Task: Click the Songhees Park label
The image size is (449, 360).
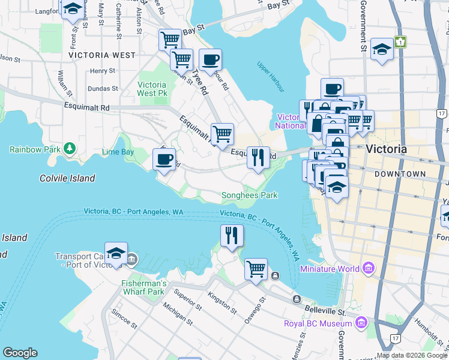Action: coord(250,195)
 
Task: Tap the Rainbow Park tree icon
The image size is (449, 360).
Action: coord(70,148)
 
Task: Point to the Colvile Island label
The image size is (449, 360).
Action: coord(67,178)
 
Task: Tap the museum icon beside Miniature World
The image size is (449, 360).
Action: coord(368,268)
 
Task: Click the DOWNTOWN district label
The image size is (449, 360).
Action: coord(399,174)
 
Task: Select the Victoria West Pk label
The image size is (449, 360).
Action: coord(152,89)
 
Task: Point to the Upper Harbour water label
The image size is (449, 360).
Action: coord(270,73)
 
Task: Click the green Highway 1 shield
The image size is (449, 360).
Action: coord(400,42)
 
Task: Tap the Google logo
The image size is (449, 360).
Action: coord(20,353)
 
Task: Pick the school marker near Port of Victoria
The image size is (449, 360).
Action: coord(116,253)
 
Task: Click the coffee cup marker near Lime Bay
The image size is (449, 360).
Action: coord(164,160)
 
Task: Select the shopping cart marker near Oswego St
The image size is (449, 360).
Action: coord(256,269)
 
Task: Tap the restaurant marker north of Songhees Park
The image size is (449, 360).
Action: coord(258,157)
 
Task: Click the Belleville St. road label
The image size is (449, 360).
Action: coord(325,312)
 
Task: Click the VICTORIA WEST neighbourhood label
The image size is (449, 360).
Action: coord(102,55)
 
